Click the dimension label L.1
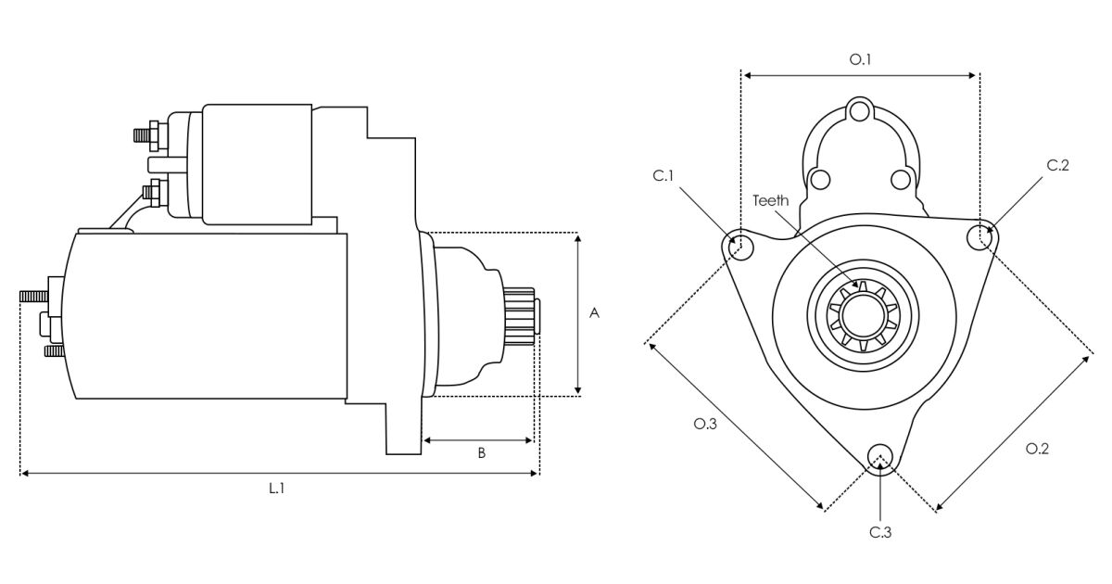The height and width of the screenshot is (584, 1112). pos(276,488)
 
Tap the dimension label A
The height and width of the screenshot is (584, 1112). pos(595,314)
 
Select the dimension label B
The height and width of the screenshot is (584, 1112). pos(481,453)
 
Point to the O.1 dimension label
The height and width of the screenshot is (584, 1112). pos(861,60)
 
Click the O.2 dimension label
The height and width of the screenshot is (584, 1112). pos(1037,449)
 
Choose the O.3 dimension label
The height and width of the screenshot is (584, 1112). pos(705,425)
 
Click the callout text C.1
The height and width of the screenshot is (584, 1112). pos(662,175)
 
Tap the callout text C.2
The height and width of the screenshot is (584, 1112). pos(1058,166)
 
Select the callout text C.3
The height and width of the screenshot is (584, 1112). pos(880,532)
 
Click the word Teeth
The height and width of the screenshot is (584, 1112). pos(770,200)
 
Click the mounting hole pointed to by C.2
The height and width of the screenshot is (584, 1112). pos(979,238)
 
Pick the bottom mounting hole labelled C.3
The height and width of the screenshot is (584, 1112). pos(879,455)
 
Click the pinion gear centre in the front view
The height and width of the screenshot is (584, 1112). pos(861,317)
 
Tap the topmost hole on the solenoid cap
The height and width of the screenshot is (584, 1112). pos(861,113)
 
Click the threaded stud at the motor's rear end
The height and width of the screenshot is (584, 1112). pos(33,296)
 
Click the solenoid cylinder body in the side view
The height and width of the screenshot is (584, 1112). pos(257,164)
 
